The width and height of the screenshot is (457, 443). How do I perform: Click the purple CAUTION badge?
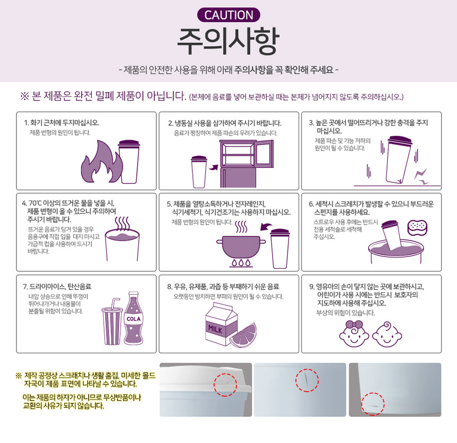228,15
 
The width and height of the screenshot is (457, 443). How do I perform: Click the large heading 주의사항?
228,41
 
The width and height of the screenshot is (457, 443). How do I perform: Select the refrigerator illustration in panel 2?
246,164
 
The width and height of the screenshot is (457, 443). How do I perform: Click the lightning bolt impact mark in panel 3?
421,176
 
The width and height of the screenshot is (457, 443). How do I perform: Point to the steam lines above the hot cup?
122,224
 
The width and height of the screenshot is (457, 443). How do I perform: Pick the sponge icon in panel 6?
417,227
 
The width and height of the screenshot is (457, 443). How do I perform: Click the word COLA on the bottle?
133,319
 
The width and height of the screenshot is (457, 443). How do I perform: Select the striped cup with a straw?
112,322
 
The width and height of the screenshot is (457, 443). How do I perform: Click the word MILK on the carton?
215,329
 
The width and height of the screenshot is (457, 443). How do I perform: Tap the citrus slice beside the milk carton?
243,335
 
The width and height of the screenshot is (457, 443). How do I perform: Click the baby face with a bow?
354,334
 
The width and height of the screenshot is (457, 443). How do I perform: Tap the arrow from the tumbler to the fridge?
214,167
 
